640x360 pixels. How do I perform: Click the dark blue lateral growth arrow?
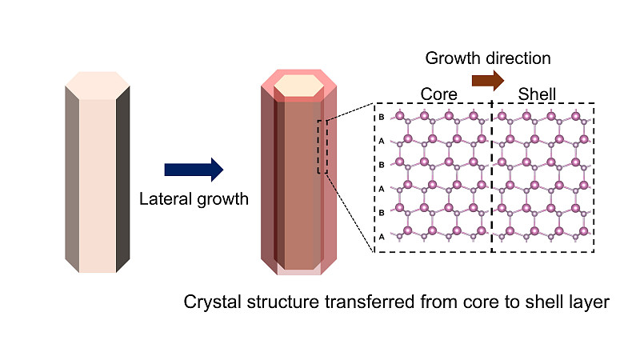[x=193, y=169]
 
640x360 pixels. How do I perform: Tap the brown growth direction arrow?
[x=487, y=79]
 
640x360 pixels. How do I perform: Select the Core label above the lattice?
[x=439, y=94]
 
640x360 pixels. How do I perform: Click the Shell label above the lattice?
[x=537, y=94]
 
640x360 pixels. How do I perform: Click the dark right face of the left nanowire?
[x=122, y=184]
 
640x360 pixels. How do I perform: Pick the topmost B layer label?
[x=382, y=116]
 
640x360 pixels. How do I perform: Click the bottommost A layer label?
[x=382, y=238]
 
